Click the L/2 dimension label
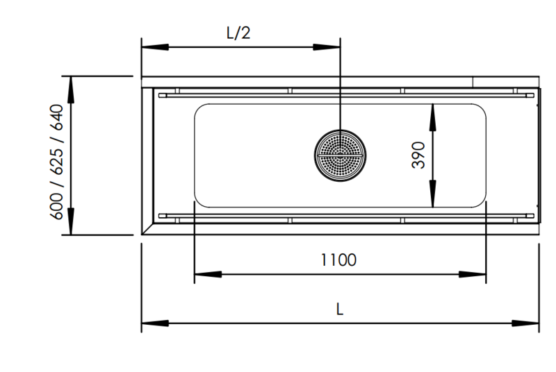(x=238, y=33)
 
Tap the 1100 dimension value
(x=338, y=260)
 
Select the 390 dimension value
(x=418, y=155)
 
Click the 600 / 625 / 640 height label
(x=57, y=162)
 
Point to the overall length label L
(x=340, y=309)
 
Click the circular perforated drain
(x=340, y=155)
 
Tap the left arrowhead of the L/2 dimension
(x=155, y=47)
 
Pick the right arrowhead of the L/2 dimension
(x=327, y=47)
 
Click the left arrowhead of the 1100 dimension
(x=208, y=274)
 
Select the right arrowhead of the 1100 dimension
(x=473, y=274)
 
